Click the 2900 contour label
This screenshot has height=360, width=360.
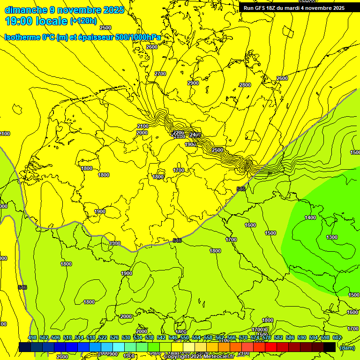tap(193, 83)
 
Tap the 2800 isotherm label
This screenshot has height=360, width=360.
tap(245, 85)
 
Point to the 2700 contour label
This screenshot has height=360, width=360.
tap(160, 74)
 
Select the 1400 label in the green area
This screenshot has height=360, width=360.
tap(310, 217)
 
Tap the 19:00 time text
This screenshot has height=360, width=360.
tap(17, 21)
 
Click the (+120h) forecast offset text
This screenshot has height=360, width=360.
tap(83, 21)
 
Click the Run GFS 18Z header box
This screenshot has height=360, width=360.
tap(294, 8)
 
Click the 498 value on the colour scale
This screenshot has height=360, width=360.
tap(32, 338)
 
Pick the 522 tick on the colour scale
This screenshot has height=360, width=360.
tap(103, 338)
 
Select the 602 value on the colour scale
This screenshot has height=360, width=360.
tap(337, 338)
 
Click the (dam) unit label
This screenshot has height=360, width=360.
tap(347, 347)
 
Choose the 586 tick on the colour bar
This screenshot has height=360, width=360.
tap(290, 338)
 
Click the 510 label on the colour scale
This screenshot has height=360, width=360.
tap(67, 338)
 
